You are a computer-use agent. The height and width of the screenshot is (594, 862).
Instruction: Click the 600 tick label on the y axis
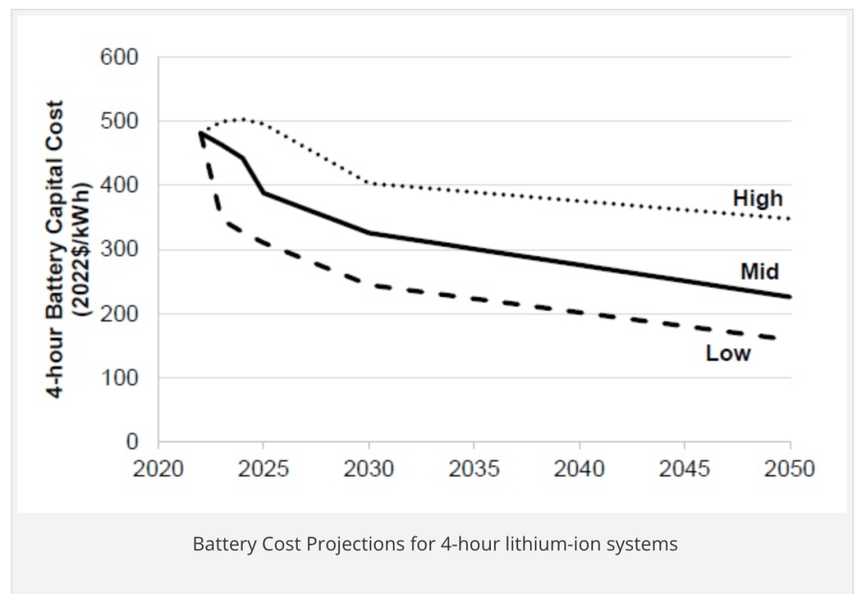pos(119,57)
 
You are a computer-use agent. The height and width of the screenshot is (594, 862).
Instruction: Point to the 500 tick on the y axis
pos(119,121)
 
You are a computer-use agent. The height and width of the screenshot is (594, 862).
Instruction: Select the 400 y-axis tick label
pos(119,185)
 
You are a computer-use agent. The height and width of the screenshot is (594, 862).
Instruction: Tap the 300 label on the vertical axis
pos(119,250)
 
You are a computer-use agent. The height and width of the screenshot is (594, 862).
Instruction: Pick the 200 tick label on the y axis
pos(119,314)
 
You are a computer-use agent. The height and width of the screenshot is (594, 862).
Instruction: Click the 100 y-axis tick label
pos(119,378)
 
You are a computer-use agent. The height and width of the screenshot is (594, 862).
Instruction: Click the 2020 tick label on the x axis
pos(158,469)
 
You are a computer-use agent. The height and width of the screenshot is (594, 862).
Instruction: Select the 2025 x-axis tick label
pos(263,469)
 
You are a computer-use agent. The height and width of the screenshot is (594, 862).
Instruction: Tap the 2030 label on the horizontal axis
pos(369,469)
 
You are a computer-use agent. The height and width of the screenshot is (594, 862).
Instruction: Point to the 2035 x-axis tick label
pos(474,469)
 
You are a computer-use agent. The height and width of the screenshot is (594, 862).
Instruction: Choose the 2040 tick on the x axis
pos(579,469)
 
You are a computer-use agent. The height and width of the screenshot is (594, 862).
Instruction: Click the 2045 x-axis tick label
pos(685,469)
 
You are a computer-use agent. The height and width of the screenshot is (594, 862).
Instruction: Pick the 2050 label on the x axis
pos(789,469)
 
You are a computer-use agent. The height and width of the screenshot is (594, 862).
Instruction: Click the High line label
pos(757,198)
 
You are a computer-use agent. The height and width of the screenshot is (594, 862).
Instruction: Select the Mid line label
pos(759,271)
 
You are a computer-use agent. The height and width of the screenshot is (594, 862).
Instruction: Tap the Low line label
pos(728,354)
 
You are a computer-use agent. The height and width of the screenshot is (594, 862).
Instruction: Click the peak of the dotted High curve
pos(243,120)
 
